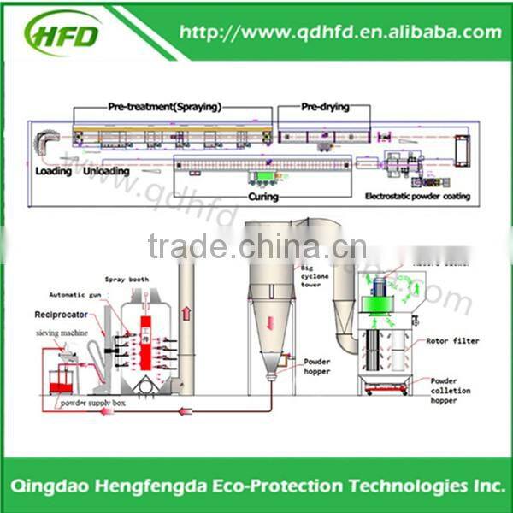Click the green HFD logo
(64, 35)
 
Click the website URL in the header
(340, 33)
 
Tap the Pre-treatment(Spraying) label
(164, 108)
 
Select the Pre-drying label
(323, 108)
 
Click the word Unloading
(106, 171)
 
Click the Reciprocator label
(61, 314)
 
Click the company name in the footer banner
(256, 485)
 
